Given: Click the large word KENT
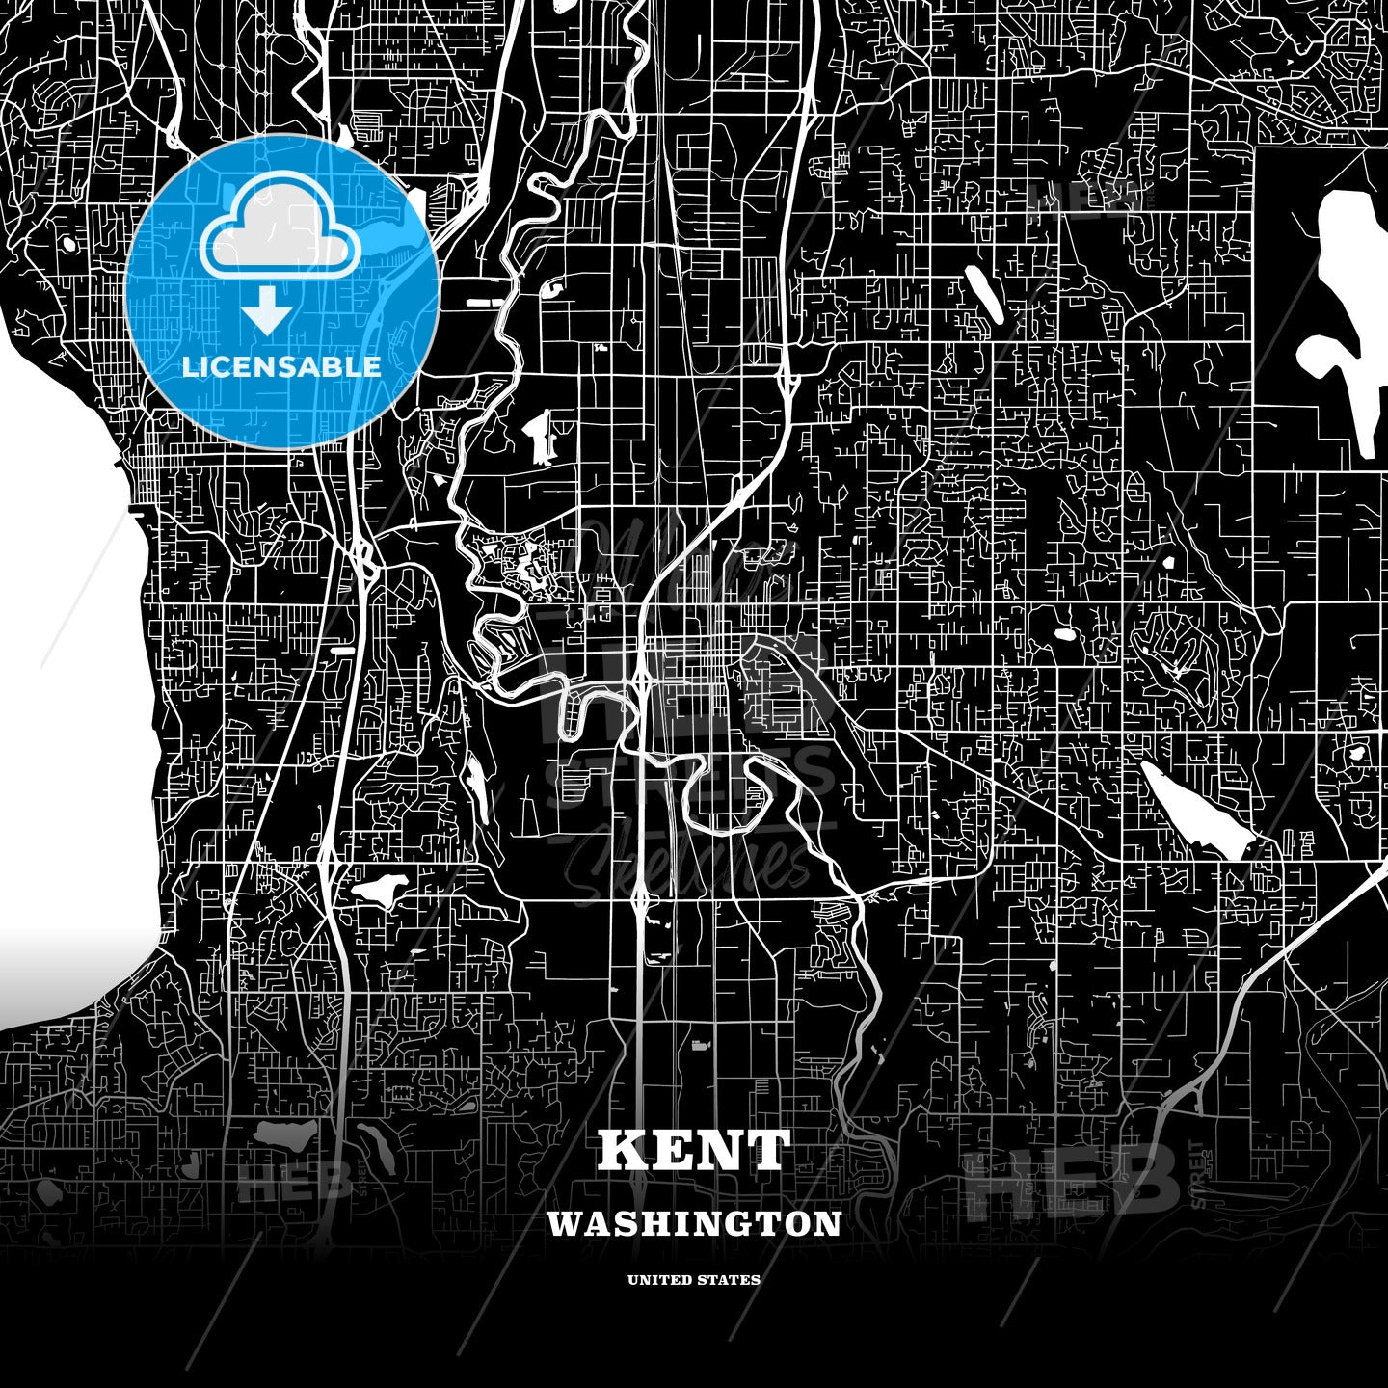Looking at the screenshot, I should click(694, 1150).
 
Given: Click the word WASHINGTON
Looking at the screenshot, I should click(694, 1224).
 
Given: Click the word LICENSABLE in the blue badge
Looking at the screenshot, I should click(281, 367).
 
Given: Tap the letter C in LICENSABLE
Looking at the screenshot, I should click(227, 367).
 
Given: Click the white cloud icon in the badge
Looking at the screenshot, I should click(280, 231).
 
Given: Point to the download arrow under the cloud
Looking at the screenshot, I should click(267, 310).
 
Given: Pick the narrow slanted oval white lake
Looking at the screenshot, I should click(983, 294).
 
